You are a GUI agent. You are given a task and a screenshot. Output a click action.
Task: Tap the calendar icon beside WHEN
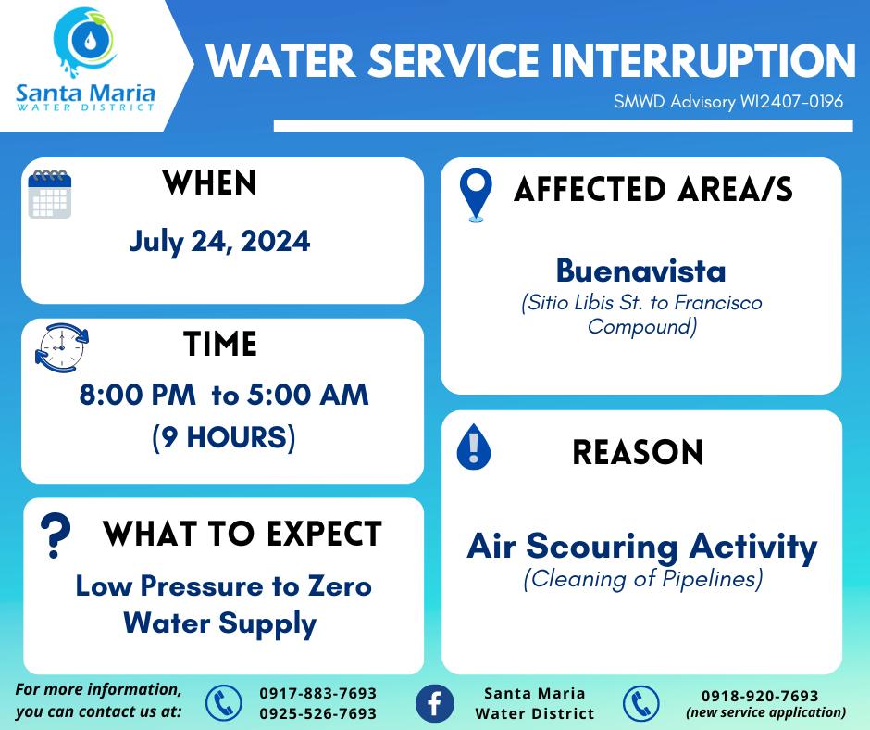tap(50, 194)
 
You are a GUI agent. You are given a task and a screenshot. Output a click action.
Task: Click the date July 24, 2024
tap(219, 242)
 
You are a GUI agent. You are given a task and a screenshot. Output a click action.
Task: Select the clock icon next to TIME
tap(62, 347)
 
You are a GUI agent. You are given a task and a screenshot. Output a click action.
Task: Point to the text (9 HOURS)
tap(224, 437)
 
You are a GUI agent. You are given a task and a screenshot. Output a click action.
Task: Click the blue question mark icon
tap(56, 535)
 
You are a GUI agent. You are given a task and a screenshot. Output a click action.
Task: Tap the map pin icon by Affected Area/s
tap(476, 195)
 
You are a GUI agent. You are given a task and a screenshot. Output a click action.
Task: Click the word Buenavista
tap(640, 271)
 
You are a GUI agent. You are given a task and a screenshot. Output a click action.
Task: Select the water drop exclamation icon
tap(473, 447)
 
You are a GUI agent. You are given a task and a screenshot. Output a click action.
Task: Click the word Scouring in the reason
tap(602, 547)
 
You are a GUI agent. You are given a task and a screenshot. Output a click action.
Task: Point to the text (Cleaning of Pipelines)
tap(643, 579)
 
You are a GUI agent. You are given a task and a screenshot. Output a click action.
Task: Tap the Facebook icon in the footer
tap(435, 703)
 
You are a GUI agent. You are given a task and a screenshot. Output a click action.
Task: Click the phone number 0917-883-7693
tap(318, 693)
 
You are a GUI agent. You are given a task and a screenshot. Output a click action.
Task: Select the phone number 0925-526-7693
tap(318, 713)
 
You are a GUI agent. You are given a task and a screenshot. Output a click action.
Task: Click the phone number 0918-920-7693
tap(760, 696)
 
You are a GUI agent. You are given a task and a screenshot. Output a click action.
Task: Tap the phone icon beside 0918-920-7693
tap(640, 703)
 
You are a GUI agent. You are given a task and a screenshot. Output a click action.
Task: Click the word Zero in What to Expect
tap(340, 586)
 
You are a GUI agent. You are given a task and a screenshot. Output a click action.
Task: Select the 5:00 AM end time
tap(308, 395)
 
